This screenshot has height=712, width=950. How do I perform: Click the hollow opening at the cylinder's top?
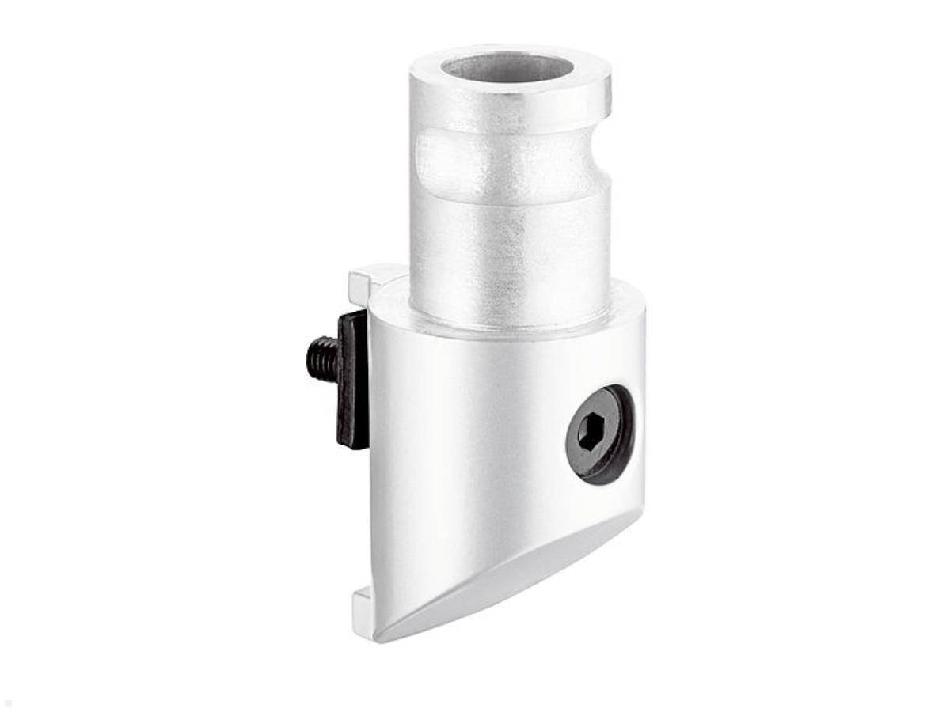click(x=507, y=66)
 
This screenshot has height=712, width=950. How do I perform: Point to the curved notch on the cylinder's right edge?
click(x=603, y=162)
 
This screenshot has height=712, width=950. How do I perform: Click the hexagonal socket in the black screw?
click(x=590, y=433)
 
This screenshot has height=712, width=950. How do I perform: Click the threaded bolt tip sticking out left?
click(x=321, y=358)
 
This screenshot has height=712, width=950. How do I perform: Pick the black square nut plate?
click(x=352, y=380)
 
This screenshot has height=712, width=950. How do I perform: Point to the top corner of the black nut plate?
click(x=348, y=314)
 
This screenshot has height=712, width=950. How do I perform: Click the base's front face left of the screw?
click(x=459, y=443)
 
